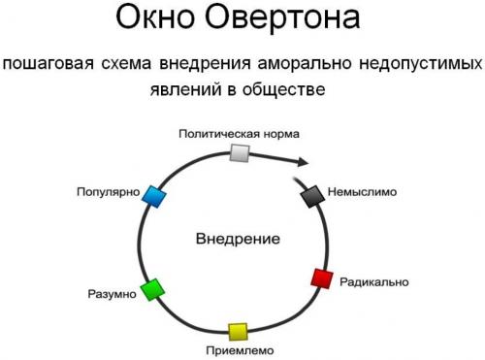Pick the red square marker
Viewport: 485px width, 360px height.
pyautogui.click(x=321, y=279)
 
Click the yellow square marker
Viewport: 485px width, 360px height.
pyautogui.click(x=238, y=332)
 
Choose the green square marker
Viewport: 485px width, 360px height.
pyautogui.click(x=150, y=288)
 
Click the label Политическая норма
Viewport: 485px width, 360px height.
pyautogui.click(x=240, y=132)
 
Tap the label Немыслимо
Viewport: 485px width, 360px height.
pyautogui.click(x=364, y=192)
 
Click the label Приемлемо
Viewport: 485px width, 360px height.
pyautogui.click(x=241, y=350)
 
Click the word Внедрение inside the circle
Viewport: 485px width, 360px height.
pyautogui.click(x=238, y=239)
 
